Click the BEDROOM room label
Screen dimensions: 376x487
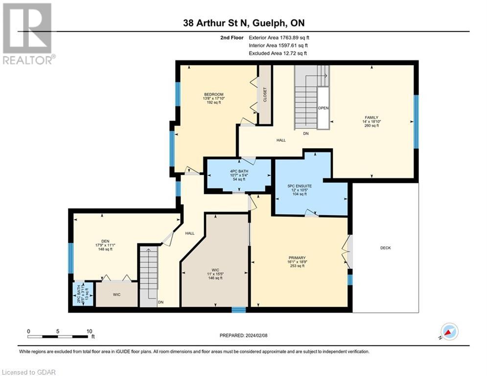214,94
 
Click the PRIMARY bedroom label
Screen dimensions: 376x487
297,258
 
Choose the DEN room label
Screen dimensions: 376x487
105,240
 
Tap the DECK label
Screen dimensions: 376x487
386,248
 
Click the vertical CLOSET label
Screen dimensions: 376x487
265,94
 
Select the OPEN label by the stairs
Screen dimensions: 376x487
323,108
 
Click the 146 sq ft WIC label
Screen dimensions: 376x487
215,269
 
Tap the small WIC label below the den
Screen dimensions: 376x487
116,295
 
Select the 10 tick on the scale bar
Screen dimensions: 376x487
89,331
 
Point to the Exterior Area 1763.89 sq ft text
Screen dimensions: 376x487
279,37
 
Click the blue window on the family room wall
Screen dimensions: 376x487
417,121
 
